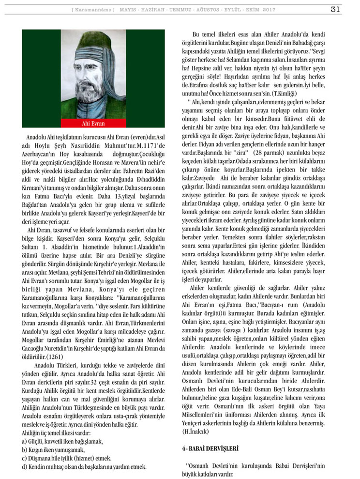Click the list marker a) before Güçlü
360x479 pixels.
24,441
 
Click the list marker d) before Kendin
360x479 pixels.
24,467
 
